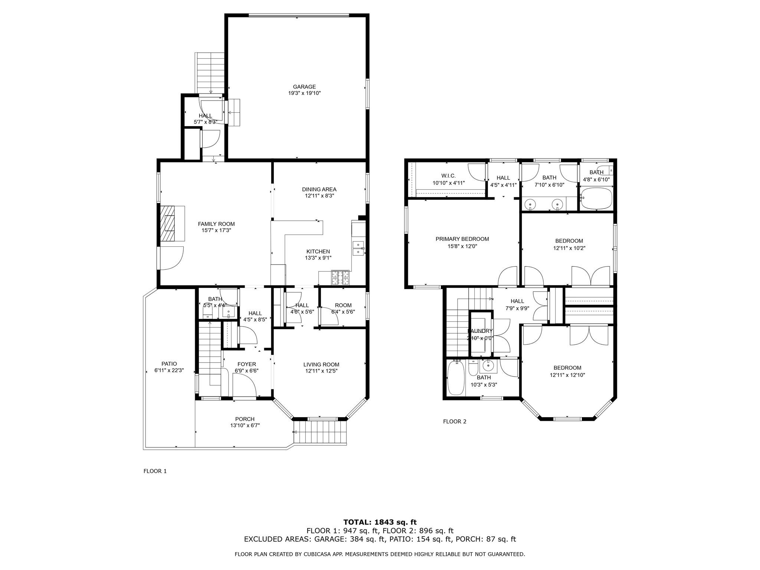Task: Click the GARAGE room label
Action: (304, 87)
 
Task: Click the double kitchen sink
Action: (358, 248)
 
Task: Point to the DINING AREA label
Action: (319, 189)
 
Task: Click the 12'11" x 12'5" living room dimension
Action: (321, 371)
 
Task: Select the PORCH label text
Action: (245, 419)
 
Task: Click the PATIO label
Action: (169, 364)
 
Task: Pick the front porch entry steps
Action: (320, 432)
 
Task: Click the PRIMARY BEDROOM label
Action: (462, 239)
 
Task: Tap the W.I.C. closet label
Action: (448, 176)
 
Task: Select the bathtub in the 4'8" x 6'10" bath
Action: (596, 199)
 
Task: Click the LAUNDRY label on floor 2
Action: (480, 331)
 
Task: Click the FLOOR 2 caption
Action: (455, 421)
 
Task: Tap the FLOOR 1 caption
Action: (155, 471)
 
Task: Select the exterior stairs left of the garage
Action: (210, 73)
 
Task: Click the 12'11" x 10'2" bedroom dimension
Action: (569, 248)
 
